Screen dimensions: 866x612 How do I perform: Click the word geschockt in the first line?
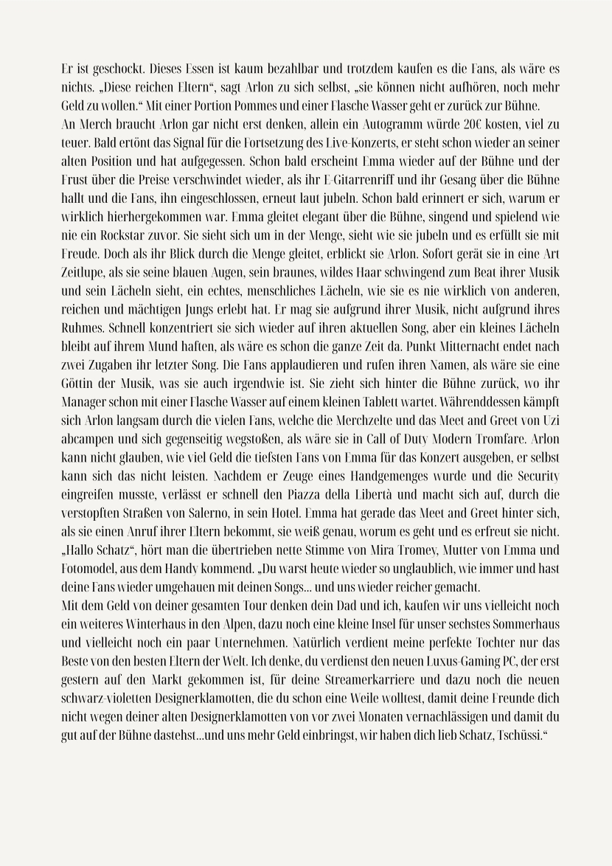point(105,70)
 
